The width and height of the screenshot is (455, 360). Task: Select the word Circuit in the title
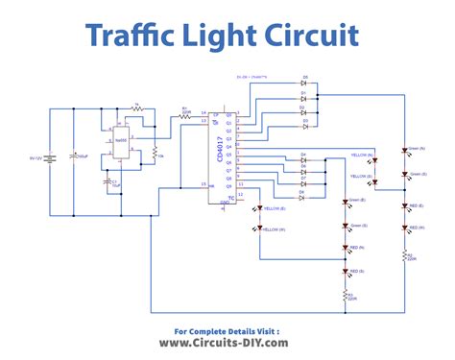(x=312, y=36)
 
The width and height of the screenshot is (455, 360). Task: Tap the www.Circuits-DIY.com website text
(x=227, y=342)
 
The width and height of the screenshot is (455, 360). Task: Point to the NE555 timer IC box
(x=122, y=140)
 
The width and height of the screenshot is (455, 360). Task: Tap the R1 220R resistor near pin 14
(x=186, y=114)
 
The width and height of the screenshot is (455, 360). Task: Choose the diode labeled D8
(x=302, y=194)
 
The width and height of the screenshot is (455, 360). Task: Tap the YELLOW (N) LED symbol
(x=375, y=159)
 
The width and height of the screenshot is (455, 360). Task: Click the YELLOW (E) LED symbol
(x=258, y=208)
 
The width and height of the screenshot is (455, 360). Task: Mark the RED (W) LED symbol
(x=402, y=230)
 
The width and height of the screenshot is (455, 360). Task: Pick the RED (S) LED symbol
(x=346, y=273)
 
